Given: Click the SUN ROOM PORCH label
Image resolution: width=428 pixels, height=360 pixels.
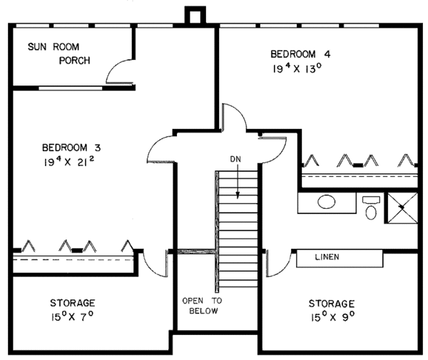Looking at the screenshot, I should pos(58,53).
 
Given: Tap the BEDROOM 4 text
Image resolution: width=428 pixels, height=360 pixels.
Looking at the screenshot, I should pos(300,54).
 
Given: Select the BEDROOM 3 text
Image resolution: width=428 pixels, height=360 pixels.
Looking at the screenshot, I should pos(71,148).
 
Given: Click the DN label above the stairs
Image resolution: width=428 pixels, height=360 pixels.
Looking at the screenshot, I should pos(236,158).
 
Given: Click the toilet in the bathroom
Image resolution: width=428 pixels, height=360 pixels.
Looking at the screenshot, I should pos(370,209).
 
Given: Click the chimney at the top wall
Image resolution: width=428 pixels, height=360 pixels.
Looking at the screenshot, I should pos(194,16).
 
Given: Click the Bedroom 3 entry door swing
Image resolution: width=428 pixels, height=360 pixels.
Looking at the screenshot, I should pos(161,148).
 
